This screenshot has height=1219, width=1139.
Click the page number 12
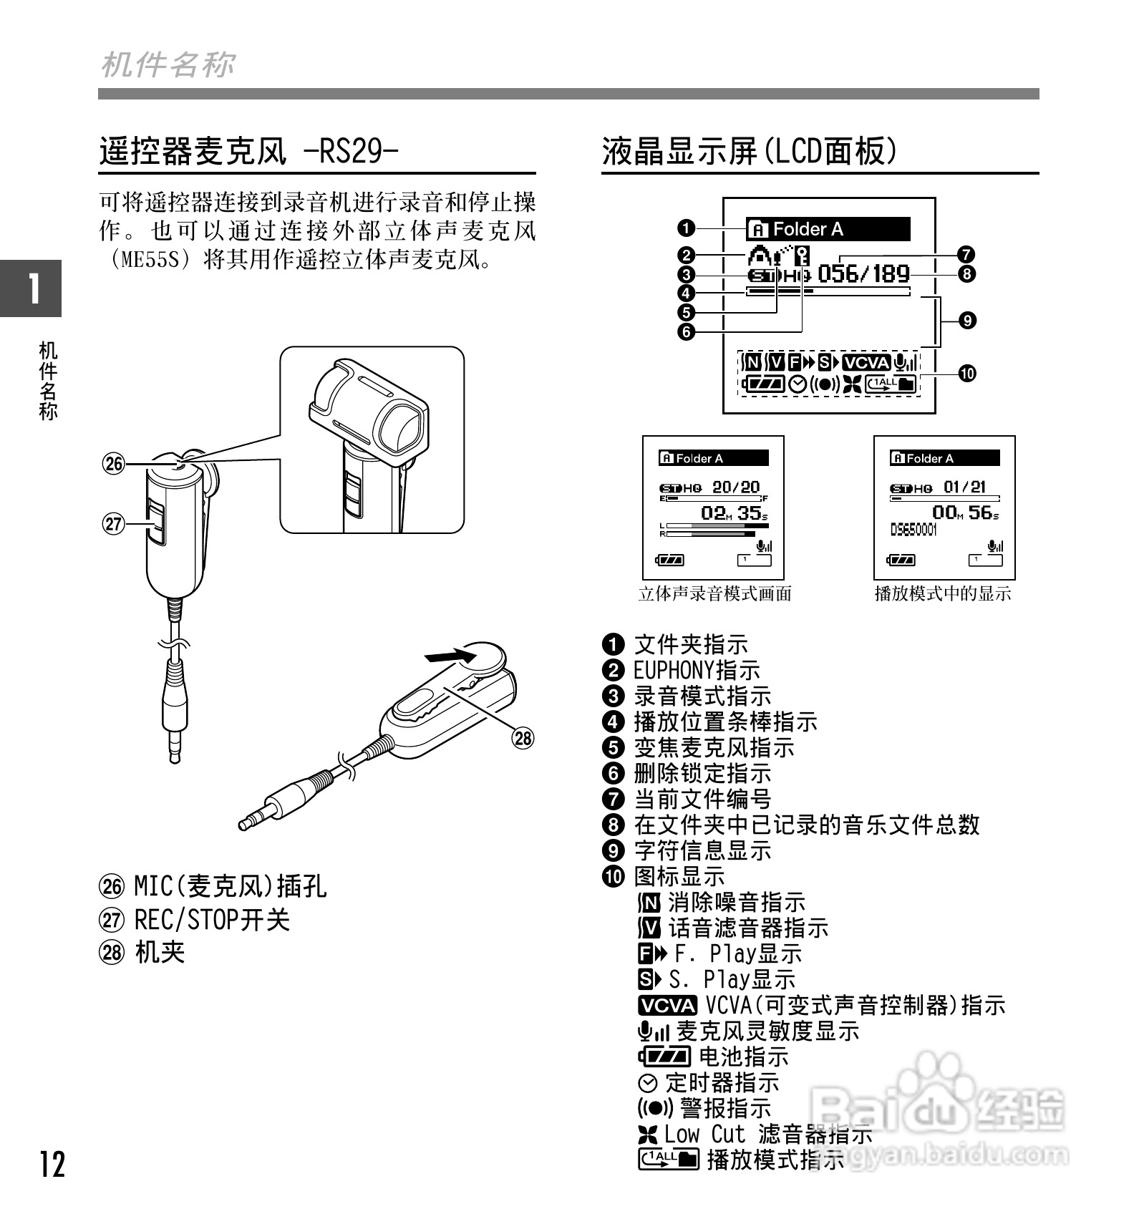pos(52,1165)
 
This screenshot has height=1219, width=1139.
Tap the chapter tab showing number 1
pos(31,288)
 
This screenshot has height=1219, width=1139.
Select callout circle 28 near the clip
pos(523,737)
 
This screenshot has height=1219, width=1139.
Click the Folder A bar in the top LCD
pos(828,229)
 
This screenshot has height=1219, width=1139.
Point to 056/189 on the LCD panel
pos(863,273)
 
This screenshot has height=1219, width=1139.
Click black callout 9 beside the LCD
pos(967,320)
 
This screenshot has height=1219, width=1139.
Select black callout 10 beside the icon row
pos(967,373)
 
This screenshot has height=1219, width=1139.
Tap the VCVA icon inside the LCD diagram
pos(866,363)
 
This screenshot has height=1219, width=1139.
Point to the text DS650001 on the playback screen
pos(913,530)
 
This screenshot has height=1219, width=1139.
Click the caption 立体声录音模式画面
pos(714,593)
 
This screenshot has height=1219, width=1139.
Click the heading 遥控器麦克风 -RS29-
pos(248,151)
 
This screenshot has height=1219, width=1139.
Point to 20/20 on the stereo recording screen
pos(736,487)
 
